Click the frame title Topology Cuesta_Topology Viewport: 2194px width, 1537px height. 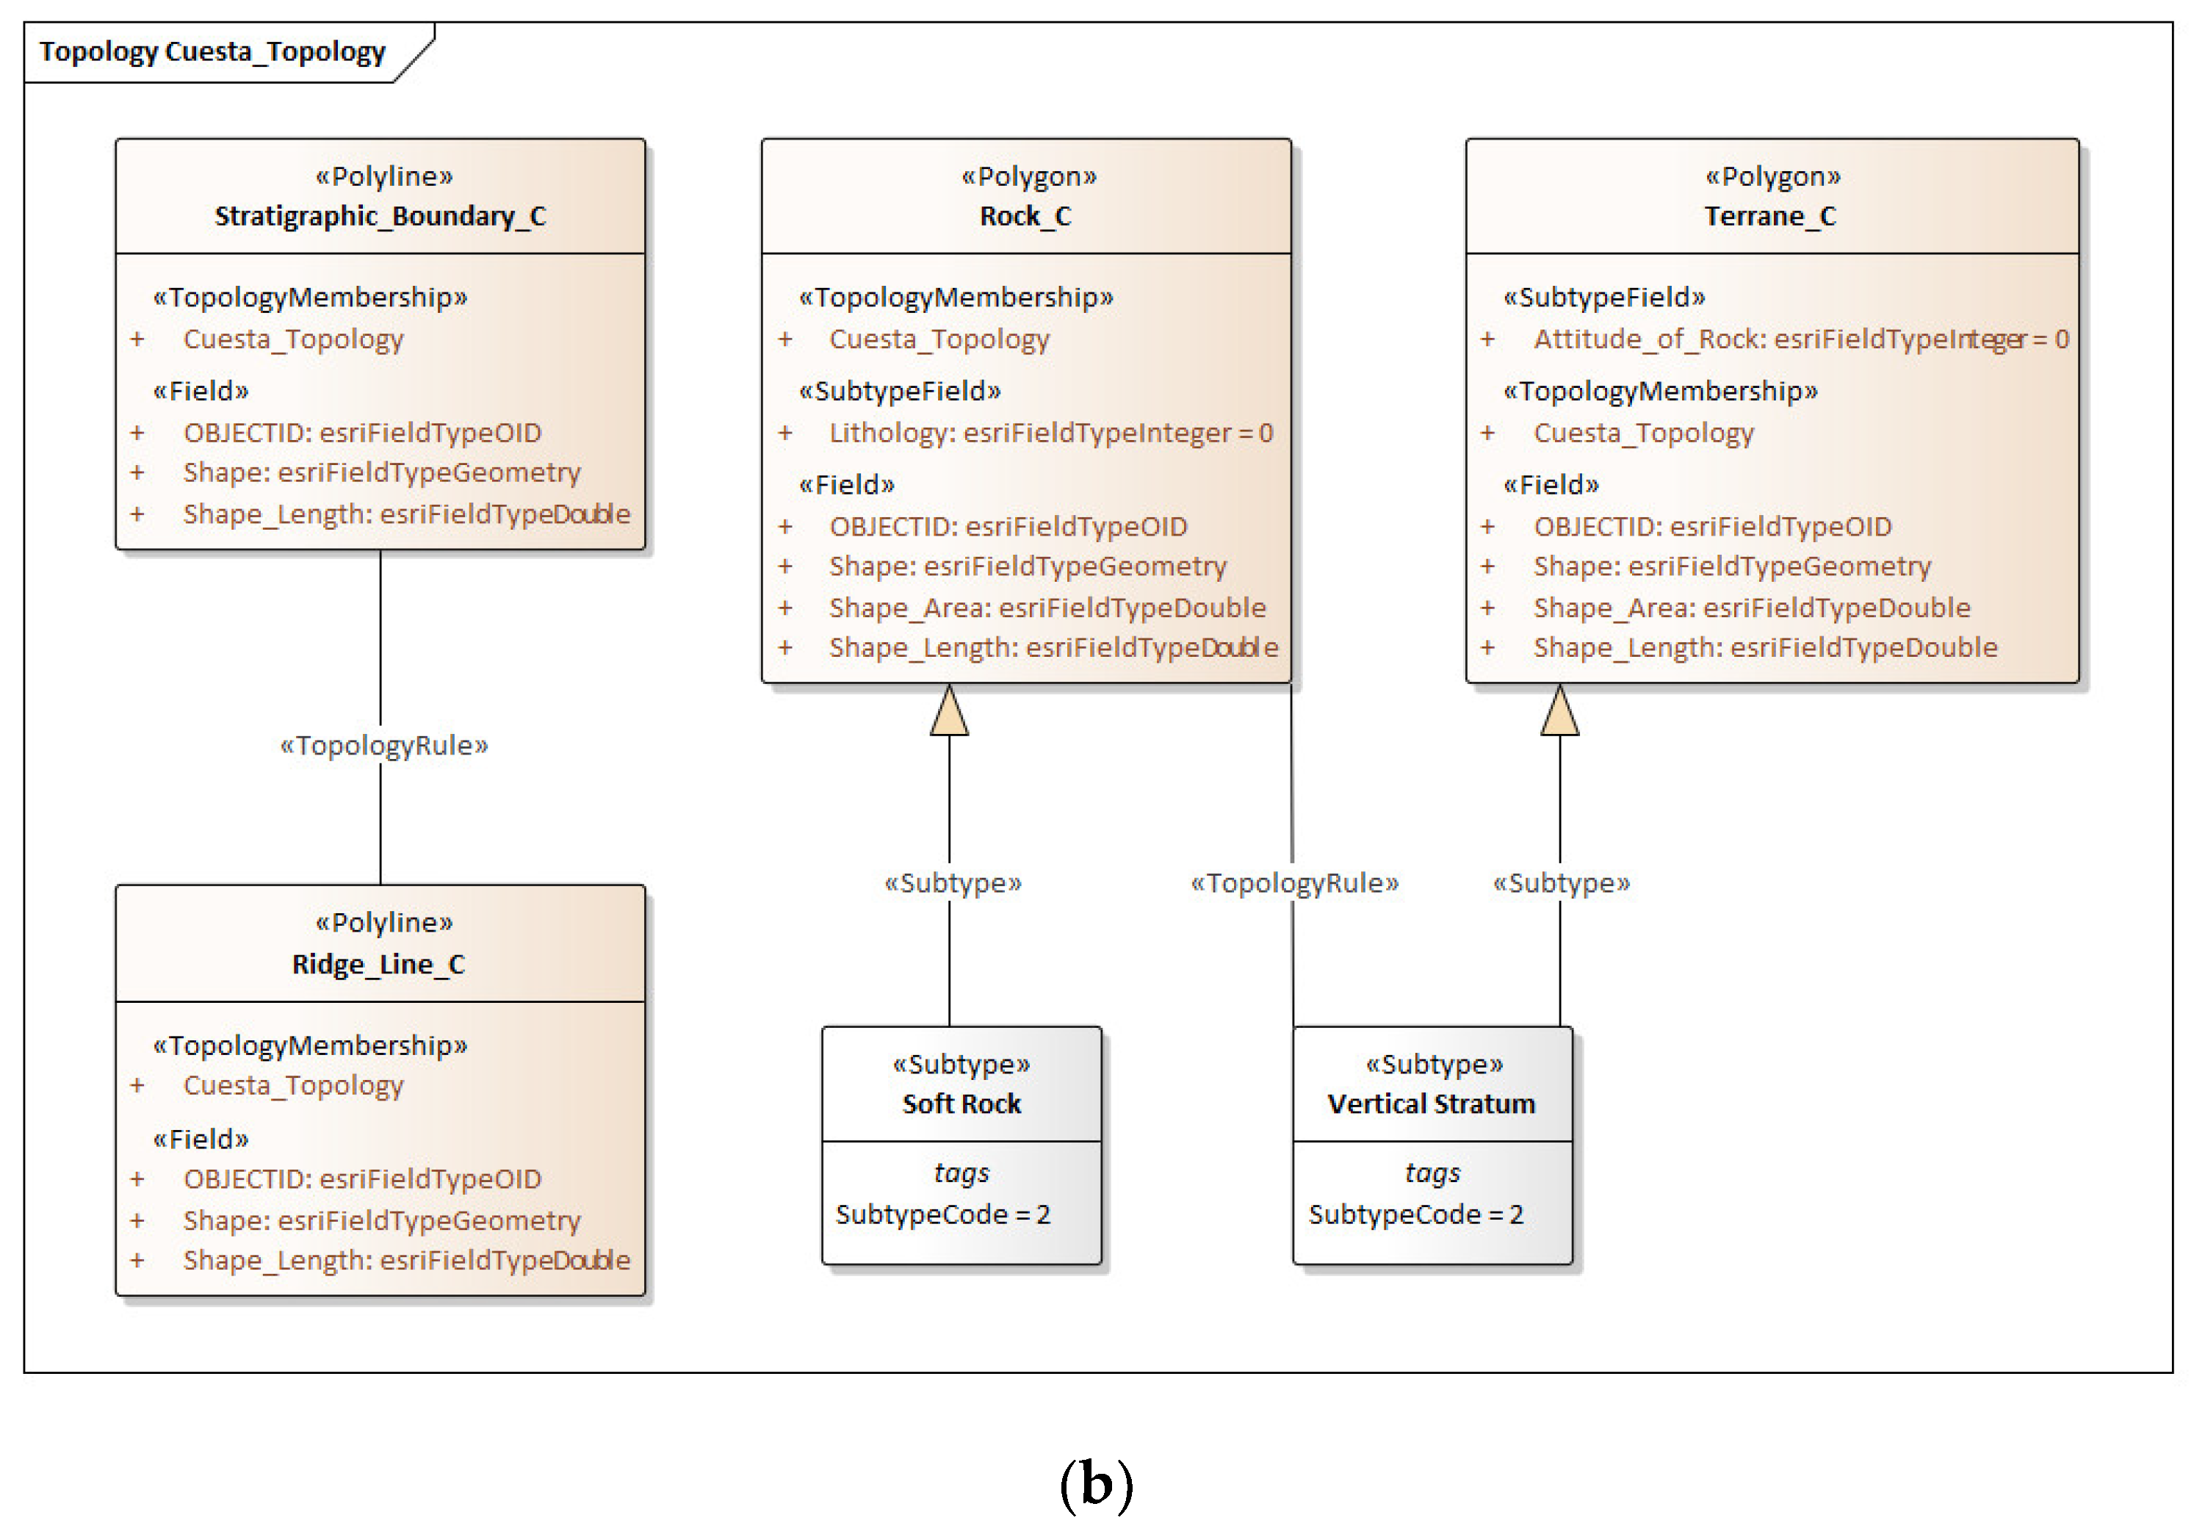click(212, 51)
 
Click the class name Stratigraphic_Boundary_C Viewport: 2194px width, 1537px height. click(380, 216)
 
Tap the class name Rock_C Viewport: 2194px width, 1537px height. click(1025, 216)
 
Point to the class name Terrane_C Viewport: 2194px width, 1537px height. click(1771, 216)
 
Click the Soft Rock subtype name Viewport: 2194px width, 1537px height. click(961, 1104)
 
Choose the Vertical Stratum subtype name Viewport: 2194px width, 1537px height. click(1432, 1104)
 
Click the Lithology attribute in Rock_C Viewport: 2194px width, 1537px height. click(1050, 433)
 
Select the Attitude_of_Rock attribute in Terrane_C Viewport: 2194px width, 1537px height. click(1800, 339)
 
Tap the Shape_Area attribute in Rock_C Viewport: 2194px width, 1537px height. click(1047, 608)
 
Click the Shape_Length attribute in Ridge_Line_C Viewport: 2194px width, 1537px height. click(406, 1261)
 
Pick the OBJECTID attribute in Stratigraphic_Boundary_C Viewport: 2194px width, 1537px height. click(362, 433)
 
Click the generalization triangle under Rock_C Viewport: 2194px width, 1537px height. click(949, 711)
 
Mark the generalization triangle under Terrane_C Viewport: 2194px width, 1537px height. click(1559, 711)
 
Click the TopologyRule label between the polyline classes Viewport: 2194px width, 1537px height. click(383, 746)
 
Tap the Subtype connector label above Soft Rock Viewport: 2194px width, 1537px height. click(953, 883)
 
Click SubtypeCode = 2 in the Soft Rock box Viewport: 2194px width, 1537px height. click(942, 1215)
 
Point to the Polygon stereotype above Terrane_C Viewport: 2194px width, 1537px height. click(1772, 177)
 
